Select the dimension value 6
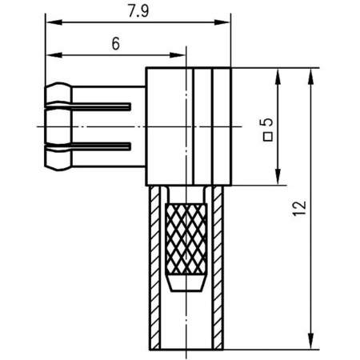click(115, 45)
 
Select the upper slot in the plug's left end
click(104, 106)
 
